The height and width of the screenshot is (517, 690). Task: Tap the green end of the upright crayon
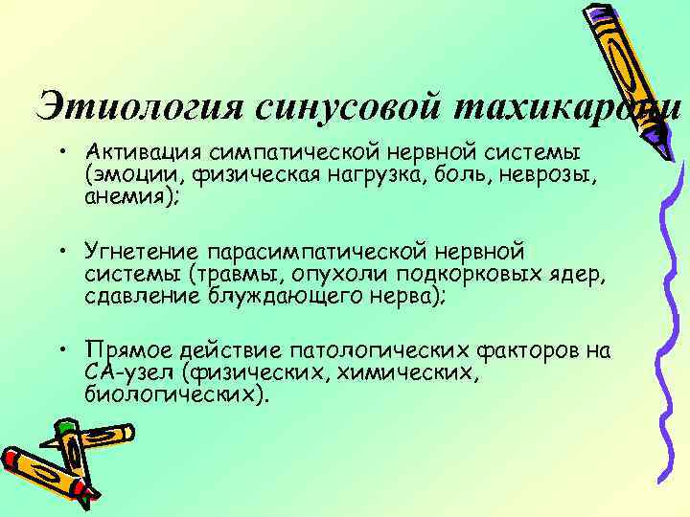click(67, 427)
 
